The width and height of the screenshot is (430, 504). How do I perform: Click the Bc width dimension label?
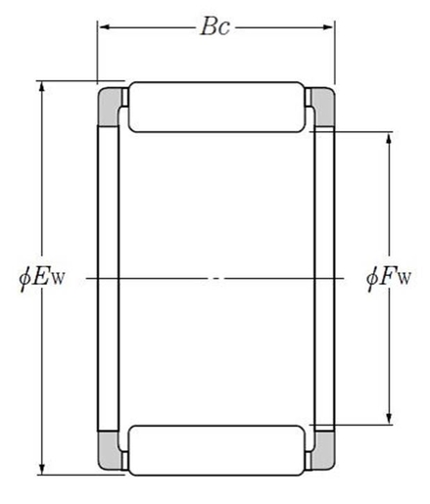point(215,27)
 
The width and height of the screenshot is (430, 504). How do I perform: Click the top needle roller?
point(215,108)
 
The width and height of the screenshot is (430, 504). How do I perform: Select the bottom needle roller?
point(215,449)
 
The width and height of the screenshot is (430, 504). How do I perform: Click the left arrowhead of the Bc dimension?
point(102,27)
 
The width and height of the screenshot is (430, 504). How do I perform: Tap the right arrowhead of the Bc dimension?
point(329,27)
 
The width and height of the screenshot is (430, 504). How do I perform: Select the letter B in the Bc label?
point(209,27)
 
